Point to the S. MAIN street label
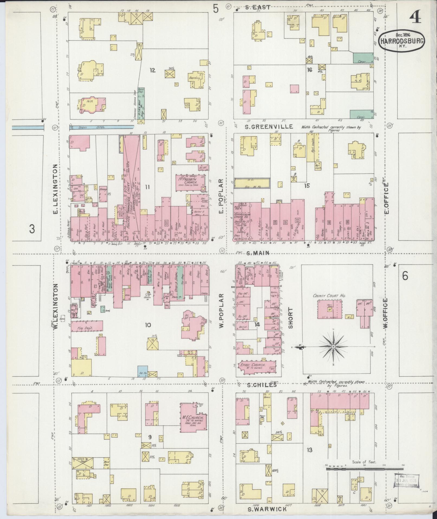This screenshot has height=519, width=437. pyautogui.click(x=258, y=253)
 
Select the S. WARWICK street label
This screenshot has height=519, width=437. pyautogui.click(x=268, y=509)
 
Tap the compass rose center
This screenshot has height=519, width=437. pyautogui.click(x=333, y=347)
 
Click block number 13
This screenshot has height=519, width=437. pyautogui.click(x=309, y=450)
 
